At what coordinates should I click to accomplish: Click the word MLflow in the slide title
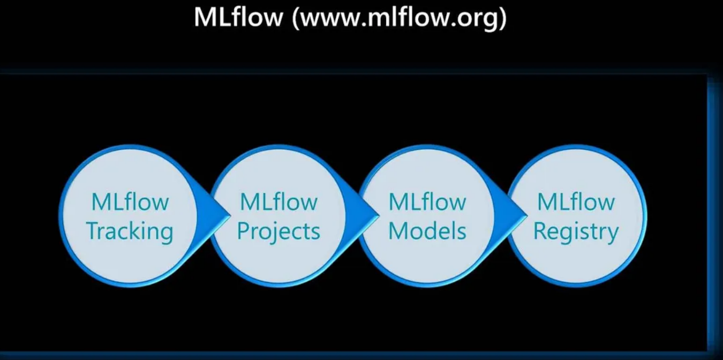point(238,17)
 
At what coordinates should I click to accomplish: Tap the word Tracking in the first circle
point(130,231)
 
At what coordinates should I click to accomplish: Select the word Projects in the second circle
point(278,231)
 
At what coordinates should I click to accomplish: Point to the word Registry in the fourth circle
point(576,231)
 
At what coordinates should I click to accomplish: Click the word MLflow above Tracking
point(130,202)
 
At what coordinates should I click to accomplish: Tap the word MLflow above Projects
point(278,202)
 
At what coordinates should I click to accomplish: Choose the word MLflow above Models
point(427,202)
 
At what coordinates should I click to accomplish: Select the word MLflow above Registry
point(576,202)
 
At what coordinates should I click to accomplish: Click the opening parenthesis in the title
point(295,19)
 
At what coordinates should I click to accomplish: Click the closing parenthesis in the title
point(502,19)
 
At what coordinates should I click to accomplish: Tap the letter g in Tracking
point(167,234)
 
